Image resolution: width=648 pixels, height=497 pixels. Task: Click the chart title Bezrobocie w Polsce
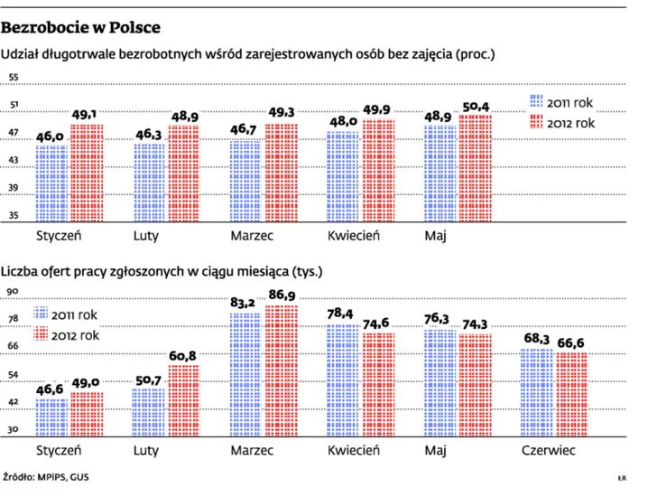(x=80, y=26)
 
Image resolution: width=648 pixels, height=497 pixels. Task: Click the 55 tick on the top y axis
(x=14, y=78)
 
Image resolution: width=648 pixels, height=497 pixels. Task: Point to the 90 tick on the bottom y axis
(x=14, y=292)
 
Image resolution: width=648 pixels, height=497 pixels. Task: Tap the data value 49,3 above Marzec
(x=282, y=113)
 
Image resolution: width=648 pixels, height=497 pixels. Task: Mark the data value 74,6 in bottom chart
(x=378, y=323)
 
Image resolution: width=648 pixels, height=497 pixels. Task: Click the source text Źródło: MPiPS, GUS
(x=45, y=477)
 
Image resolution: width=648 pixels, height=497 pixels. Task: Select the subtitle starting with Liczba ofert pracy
(x=162, y=270)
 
